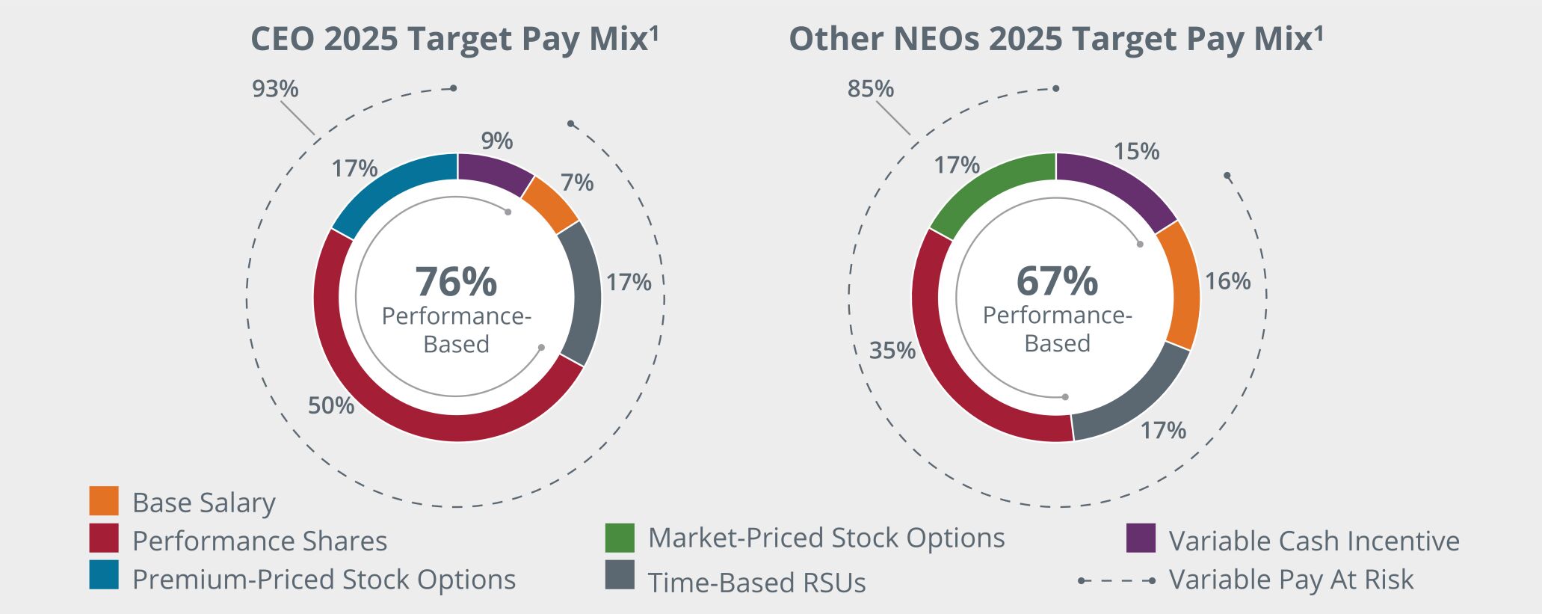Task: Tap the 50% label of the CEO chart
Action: (x=330, y=405)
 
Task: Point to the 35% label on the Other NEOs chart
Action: (x=892, y=350)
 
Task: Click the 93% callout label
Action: (x=275, y=89)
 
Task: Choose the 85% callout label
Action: (x=870, y=89)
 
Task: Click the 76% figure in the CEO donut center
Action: (x=456, y=282)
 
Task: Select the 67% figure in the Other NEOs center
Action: (x=1057, y=280)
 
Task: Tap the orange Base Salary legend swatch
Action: (x=104, y=501)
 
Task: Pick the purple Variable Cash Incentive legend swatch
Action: (x=1141, y=538)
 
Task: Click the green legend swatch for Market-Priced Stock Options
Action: (x=620, y=538)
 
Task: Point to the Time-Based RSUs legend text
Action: (x=756, y=583)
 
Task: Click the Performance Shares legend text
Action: (x=259, y=541)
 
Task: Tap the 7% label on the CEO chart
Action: (x=577, y=182)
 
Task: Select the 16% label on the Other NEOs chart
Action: (x=1227, y=281)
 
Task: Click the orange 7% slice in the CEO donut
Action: (x=550, y=204)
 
